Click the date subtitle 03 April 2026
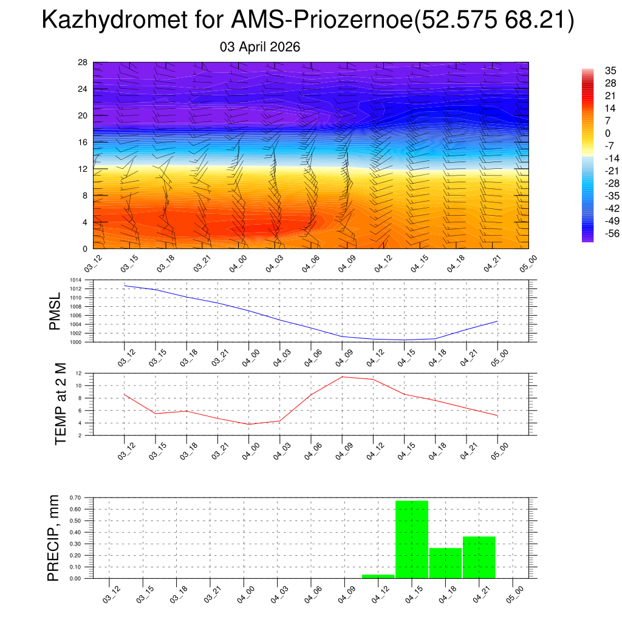260,47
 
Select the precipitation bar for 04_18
445,563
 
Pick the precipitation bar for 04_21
479,557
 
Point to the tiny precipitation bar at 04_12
378,576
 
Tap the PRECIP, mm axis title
54,538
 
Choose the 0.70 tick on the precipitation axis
75,497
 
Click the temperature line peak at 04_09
342,377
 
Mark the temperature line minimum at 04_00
248,424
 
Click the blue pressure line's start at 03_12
125,285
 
